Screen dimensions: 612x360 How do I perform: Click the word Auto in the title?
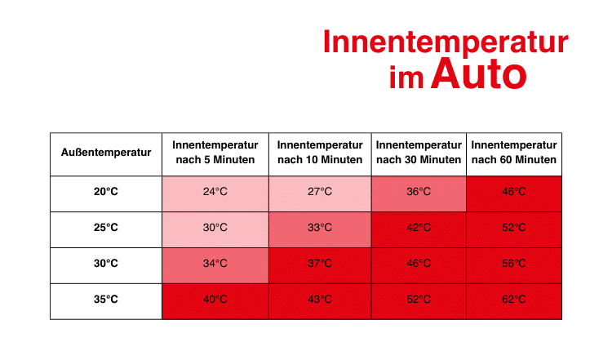click(479, 73)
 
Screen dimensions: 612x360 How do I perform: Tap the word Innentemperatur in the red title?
click(446, 42)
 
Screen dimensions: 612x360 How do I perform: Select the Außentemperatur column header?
click(106, 153)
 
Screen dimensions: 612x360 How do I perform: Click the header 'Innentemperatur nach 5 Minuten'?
click(215, 153)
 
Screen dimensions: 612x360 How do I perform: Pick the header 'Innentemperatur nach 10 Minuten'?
click(320, 153)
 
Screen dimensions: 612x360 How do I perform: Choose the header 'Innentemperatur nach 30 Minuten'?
click(419, 153)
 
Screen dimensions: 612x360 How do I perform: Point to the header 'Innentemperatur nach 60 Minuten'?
click(514, 153)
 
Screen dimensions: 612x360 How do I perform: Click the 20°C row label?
click(106, 192)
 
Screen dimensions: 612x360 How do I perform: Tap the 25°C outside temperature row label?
click(106, 228)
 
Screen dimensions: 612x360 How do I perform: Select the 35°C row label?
click(106, 300)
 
